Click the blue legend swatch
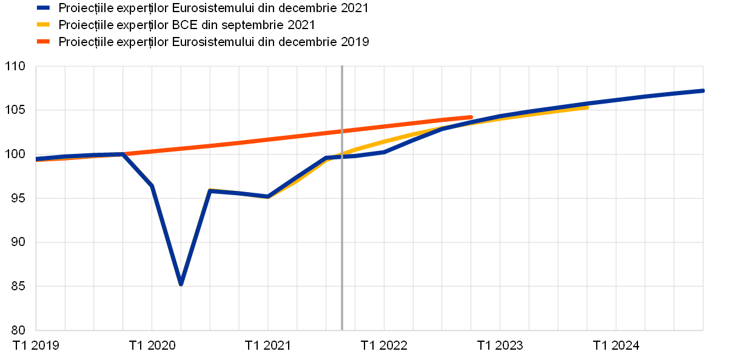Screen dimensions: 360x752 point(43,8)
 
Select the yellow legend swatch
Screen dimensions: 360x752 point(43,24)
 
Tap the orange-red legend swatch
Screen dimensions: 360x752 point(43,41)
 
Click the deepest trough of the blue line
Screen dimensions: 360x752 point(181,283)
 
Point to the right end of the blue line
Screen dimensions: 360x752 point(702,90)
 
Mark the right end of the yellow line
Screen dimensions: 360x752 point(587,107)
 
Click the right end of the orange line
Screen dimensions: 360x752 point(471,117)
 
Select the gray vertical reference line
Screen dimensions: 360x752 point(342,242)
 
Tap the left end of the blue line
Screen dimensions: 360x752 point(37,159)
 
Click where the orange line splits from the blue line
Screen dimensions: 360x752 point(123,154)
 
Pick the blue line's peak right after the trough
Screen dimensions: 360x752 point(210,191)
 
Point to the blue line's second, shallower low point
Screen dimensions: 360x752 point(267,196)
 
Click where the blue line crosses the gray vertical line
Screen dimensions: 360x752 point(342,156)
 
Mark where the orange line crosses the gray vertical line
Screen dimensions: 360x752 point(342,131)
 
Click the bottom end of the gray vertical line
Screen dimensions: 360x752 point(342,330)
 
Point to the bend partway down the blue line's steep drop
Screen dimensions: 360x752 point(152,185)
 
